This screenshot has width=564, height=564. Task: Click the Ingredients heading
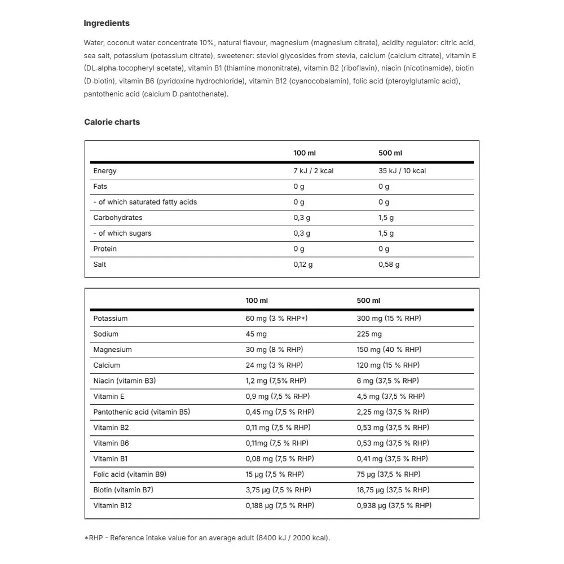[x=107, y=23]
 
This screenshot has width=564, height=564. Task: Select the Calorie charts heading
[x=112, y=122]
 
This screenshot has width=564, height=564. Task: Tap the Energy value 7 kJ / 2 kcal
[x=313, y=171]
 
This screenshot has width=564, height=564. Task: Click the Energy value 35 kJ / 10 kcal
[x=402, y=171]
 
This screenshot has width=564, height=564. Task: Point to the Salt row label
[x=100, y=265]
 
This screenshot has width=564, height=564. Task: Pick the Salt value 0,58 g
[x=389, y=265]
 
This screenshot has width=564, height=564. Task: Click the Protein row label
[x=105, y=249]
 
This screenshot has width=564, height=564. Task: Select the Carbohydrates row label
[x=118, y=218]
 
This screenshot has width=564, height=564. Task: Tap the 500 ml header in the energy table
[x=390, y=153]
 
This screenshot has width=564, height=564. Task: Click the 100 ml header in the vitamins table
[x=257, y=301]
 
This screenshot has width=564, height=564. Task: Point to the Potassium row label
[x=111, y=319]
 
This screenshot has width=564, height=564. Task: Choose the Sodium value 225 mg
[x=369, y=334]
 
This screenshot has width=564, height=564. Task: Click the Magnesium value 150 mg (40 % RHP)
[x=389, y=350]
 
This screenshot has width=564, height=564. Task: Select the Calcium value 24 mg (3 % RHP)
[x=274, y=365]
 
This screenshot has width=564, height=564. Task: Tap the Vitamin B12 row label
[x=112, y=505]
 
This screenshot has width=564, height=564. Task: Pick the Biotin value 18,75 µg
[x=393, y=490]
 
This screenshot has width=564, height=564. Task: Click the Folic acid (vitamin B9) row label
[x=130, y=474]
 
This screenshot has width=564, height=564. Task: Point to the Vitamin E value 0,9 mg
[x=277, y=396]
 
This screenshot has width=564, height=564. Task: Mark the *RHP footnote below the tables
[x=207, y=537]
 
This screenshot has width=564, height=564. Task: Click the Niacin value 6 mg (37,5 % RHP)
[x=387, y=381]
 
